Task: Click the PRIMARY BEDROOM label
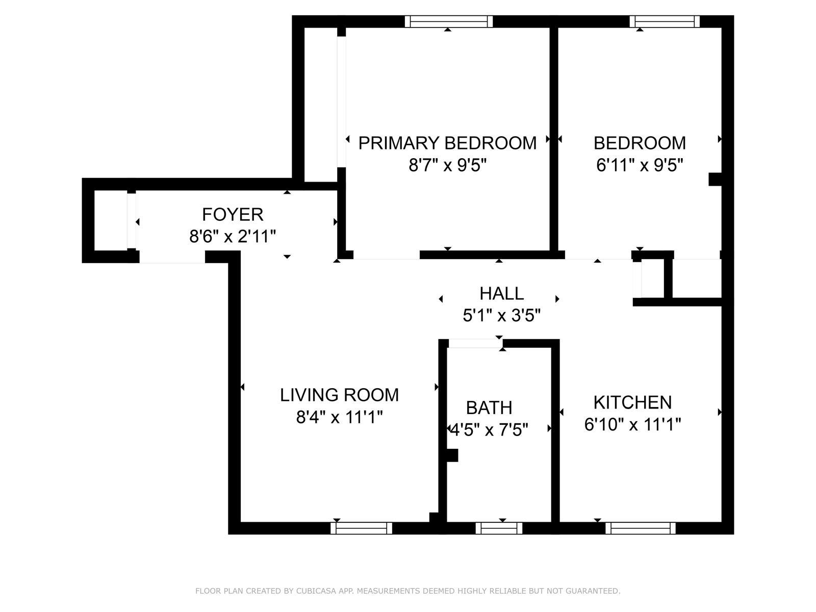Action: coord(447,143)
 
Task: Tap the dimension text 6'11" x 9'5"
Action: coord(640,165)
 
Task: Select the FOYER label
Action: coord(233,215)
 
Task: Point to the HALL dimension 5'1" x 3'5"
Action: coord(501,316)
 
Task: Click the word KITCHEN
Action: coord(632,402)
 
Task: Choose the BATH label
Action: coord(489,407)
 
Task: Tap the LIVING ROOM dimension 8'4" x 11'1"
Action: coord(339,418)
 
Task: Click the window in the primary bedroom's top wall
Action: coord(449,21)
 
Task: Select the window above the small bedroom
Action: coord(664,21)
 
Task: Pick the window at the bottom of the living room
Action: coord(362,528)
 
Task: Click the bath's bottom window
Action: coord(499,528)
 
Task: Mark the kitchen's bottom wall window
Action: coord(640,528)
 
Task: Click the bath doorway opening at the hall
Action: coord(474,344)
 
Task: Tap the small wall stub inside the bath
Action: coord(452,455)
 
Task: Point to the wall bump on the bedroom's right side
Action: coord(715,180)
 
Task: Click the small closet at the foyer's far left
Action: coord(110,220)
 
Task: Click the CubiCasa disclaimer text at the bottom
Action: coord(407,591)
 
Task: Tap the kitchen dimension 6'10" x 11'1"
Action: coord(632,424)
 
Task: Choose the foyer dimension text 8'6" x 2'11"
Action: coord(233,237)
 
